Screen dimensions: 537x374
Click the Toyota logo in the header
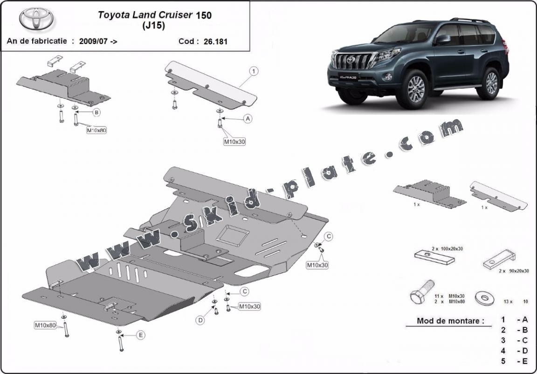point(36,19)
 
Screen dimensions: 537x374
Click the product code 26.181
point(215,42)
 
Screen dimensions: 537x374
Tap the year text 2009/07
point(94,42)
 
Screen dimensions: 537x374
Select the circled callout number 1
point(254,71)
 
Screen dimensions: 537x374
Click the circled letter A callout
point(248,119)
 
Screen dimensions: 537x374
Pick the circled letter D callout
point(200,320)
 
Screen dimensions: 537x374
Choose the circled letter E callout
point(140,335)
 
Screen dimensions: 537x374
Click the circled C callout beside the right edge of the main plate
point(328,236)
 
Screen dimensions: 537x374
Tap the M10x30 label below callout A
point(234,141)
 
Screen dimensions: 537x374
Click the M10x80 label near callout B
point(96,130)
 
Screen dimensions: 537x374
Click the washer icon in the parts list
point(485,298)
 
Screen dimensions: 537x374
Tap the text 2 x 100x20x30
point(447,248)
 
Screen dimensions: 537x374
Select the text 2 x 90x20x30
point(514,271)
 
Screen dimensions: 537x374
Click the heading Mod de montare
point(451,321)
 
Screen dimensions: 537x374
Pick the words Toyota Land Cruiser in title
point(145,15)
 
